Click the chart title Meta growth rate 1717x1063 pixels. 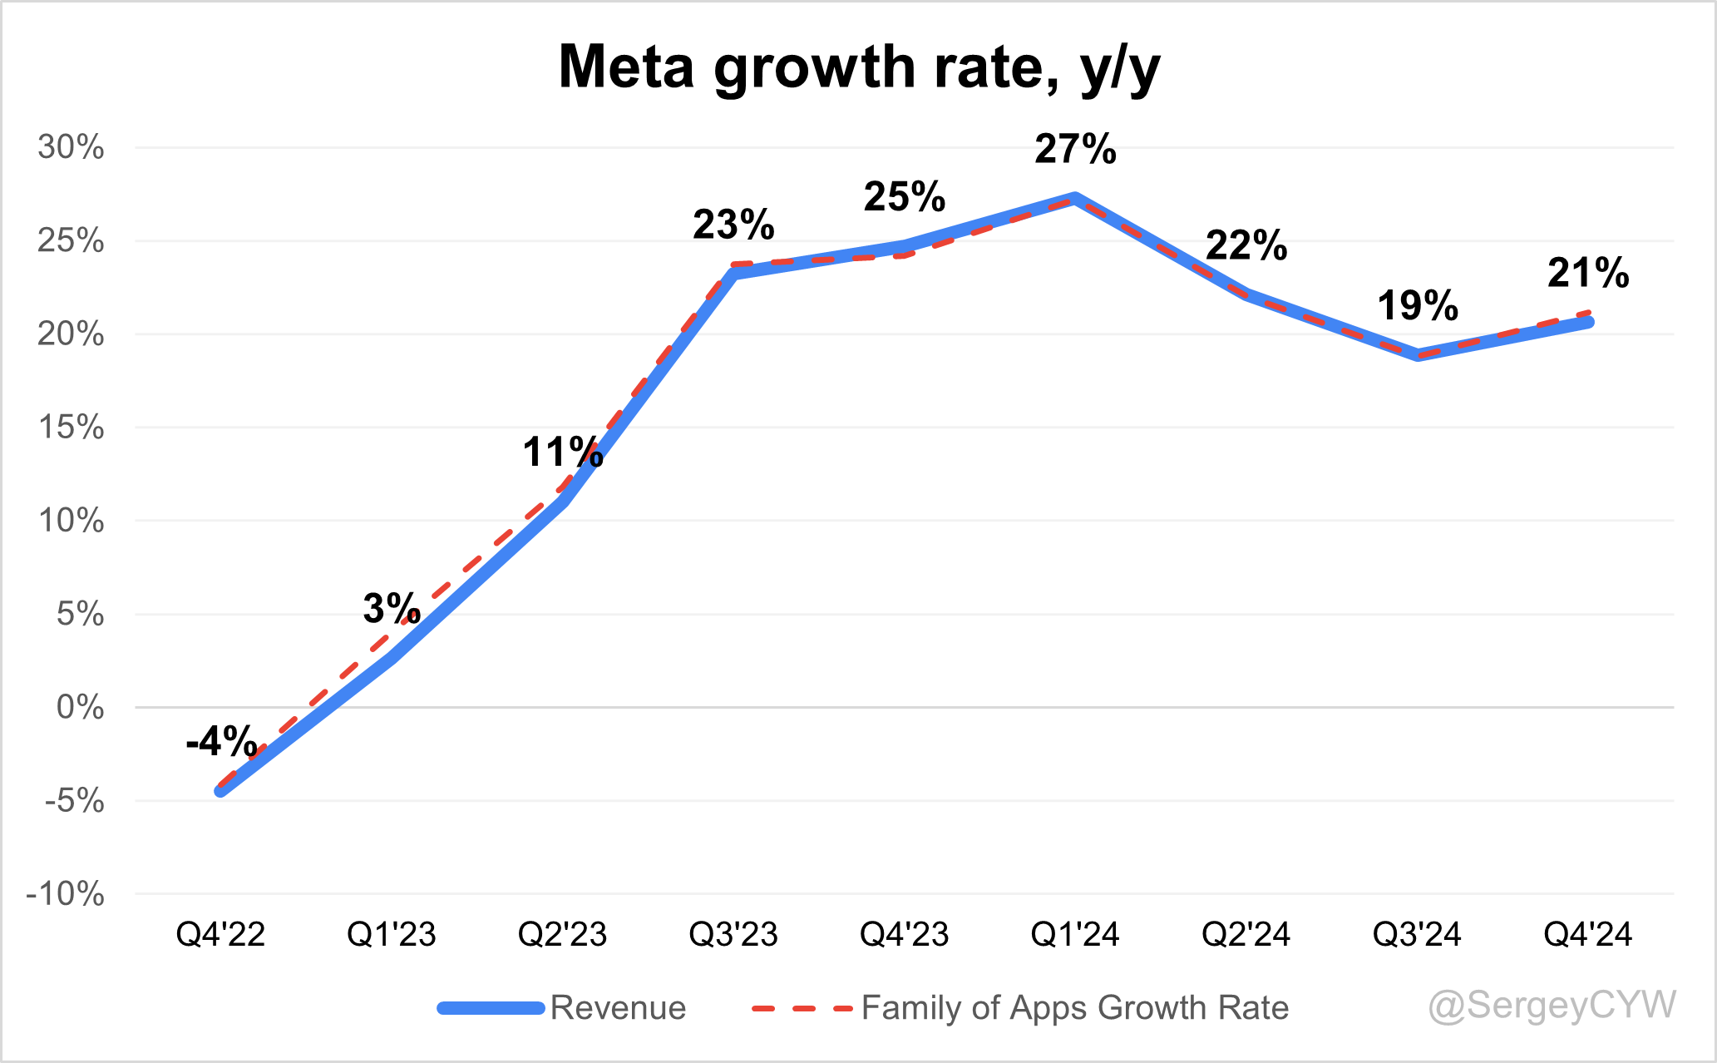[858, 67]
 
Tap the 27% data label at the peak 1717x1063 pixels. [1075, 150]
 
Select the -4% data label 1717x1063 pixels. [220, 741]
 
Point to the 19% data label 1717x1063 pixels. [1418, 305]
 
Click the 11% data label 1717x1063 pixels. [562, 452]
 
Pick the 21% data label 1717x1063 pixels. [1588, 273]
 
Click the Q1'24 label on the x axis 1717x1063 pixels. [1075, 934]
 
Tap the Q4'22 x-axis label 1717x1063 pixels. [220, 934]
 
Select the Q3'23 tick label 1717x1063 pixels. [733, 934]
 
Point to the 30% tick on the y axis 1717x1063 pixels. [72, 147]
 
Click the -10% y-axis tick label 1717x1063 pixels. [66, 894]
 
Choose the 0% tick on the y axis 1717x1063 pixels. [80, 708]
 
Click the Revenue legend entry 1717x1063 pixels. [618, 1007]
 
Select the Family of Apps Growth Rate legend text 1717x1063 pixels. [1074, 1007]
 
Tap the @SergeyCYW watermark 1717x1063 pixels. [1552, 1005]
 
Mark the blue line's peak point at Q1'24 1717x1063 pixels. [1075, 199]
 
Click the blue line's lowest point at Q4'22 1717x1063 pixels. [220, 791]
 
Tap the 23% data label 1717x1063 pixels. [733, 225]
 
